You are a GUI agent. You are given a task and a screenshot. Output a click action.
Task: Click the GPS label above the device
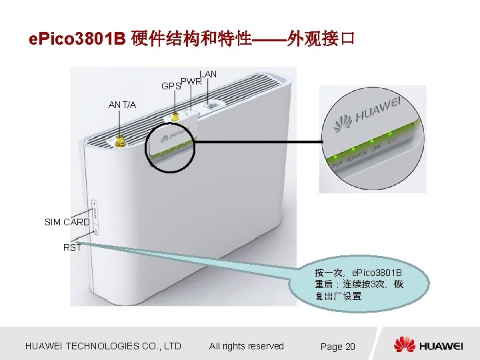click(x=171, y=87)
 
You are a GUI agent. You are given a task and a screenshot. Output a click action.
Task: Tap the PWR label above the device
click(x=191, y=82)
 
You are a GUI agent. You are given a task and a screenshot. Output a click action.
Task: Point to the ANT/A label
click(x=123, y=105)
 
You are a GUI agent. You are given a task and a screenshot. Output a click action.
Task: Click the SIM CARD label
click(x=67, y=222)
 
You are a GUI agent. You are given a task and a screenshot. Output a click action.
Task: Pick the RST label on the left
click(x=72, y=247)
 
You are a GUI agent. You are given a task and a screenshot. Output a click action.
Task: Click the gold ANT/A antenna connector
click(x=121, y=141)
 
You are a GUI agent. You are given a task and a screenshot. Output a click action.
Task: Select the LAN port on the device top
click(x=213, y=105)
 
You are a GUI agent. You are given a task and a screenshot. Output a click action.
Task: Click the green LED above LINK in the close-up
click(x=372, y=141)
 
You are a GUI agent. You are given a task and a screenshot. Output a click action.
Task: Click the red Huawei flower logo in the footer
click(x=404, y=345)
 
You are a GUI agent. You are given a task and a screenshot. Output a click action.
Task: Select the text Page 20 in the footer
click(x=337, y=347)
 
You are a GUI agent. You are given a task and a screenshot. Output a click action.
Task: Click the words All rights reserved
click(x=246, y=346)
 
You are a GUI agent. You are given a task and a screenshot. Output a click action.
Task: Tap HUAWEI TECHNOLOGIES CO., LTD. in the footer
click(x=103, y=346)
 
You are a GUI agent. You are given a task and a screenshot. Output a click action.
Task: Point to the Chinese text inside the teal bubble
click(x=359, y=285)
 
